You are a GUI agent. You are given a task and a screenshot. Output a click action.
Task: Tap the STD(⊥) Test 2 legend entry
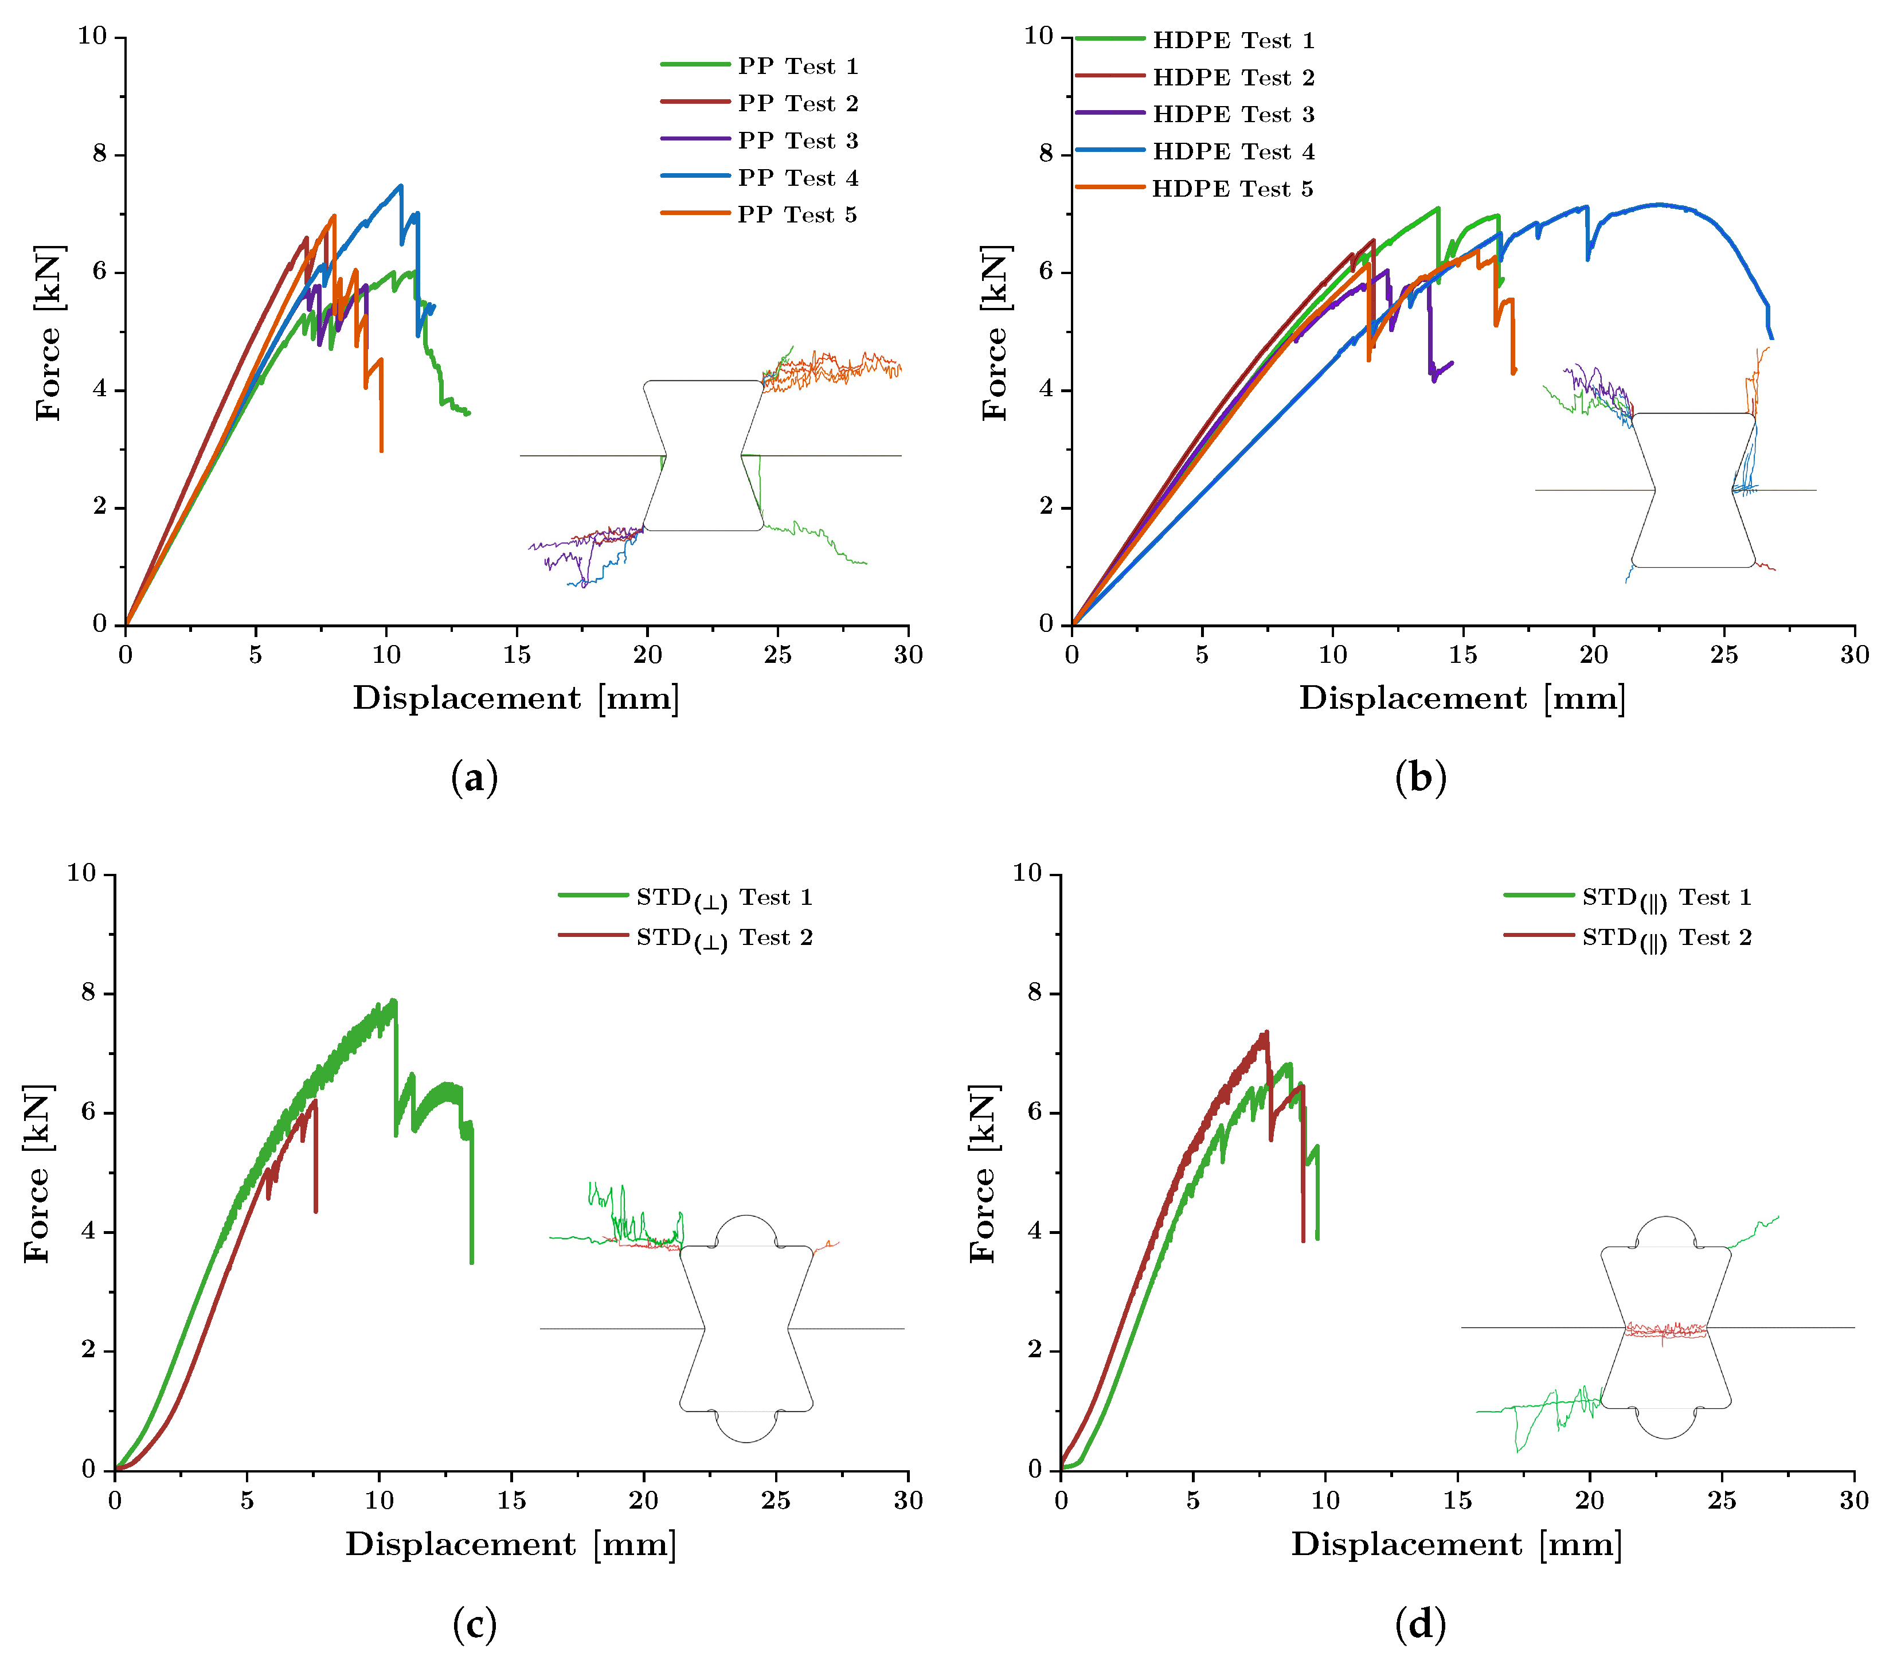pyautogui.click(x=685, y=938)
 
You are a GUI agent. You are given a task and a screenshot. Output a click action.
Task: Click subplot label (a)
pyautogui.click(x=474, y=778)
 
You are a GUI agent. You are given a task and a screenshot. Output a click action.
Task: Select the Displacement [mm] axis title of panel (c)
pyautogui.click(x=511, y=1545)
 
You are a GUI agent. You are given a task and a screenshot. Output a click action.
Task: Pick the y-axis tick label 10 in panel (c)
pyautogui.click(x=81, y=873)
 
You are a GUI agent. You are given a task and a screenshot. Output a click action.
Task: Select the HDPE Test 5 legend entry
pyautogui.click(x=1194, y=189)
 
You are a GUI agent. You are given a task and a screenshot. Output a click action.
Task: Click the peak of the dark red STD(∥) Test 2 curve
pyautogui.click(x=1266, y=1033)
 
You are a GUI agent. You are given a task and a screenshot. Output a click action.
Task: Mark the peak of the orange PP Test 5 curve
pyautogui.click(x=334, y=216)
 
